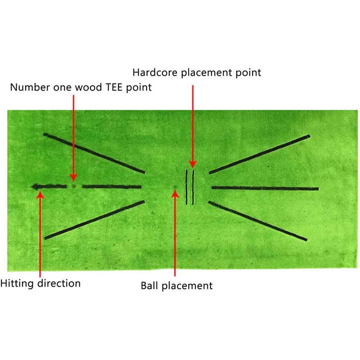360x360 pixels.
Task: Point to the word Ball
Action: click(x=150, y=285)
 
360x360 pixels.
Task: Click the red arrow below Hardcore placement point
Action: click(x=193, y=126)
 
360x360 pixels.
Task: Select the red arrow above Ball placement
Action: click(x=175, y=234)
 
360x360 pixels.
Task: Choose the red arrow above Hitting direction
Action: click(x=40, y=234)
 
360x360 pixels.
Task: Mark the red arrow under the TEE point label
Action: click(x=72, y=135)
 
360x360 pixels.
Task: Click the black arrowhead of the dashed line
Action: click(x=34, y=186)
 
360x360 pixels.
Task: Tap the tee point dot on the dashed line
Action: click(x=74, y=186)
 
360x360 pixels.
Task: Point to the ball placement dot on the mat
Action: click(x=175, y=188)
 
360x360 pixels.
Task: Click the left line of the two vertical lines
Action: click(x=186, y=187)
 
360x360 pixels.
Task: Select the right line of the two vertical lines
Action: click(x=193, y=187)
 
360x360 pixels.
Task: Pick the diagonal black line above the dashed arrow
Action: click(x=94, y=153)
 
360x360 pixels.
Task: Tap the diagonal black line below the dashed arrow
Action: click(x=94, y=220)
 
